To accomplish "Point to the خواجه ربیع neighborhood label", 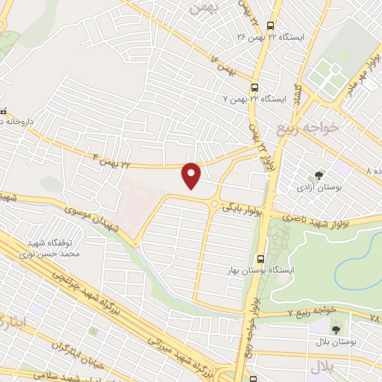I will click(x=307, y=127).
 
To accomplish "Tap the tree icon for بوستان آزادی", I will click(x=319, y=175).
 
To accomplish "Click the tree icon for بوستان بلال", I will click(x=334, y=328).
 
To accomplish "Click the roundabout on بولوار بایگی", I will click(x=216, y=203).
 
